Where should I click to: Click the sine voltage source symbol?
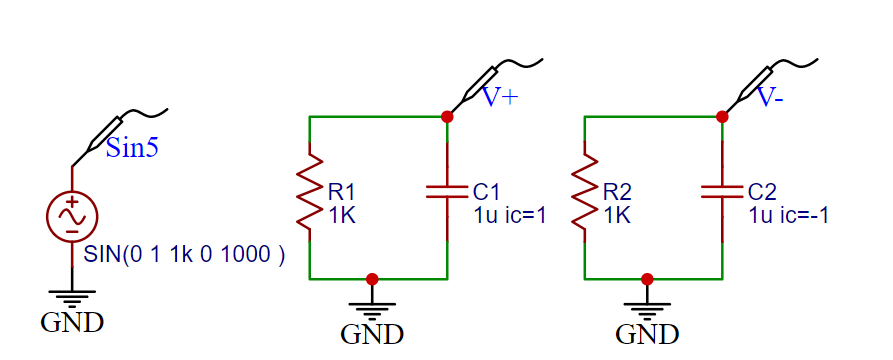tap(72, 216)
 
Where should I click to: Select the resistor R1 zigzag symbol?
tap(310, 197)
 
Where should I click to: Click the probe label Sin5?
tap(132, 150)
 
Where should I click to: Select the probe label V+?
tap(500, 98)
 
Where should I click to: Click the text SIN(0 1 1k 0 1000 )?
tap(185, 255)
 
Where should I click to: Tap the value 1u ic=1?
tap(510, 214)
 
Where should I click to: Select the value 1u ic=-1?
tap(789, 214)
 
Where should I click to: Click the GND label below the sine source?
tap(72, 322)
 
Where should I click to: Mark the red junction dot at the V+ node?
tap(447, 117)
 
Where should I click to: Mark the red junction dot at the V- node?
tap(722, 117)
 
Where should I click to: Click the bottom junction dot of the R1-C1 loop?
tap(372, 278)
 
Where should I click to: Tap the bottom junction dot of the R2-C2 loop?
tap(647, 278)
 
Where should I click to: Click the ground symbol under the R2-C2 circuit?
tap(647, 305)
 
